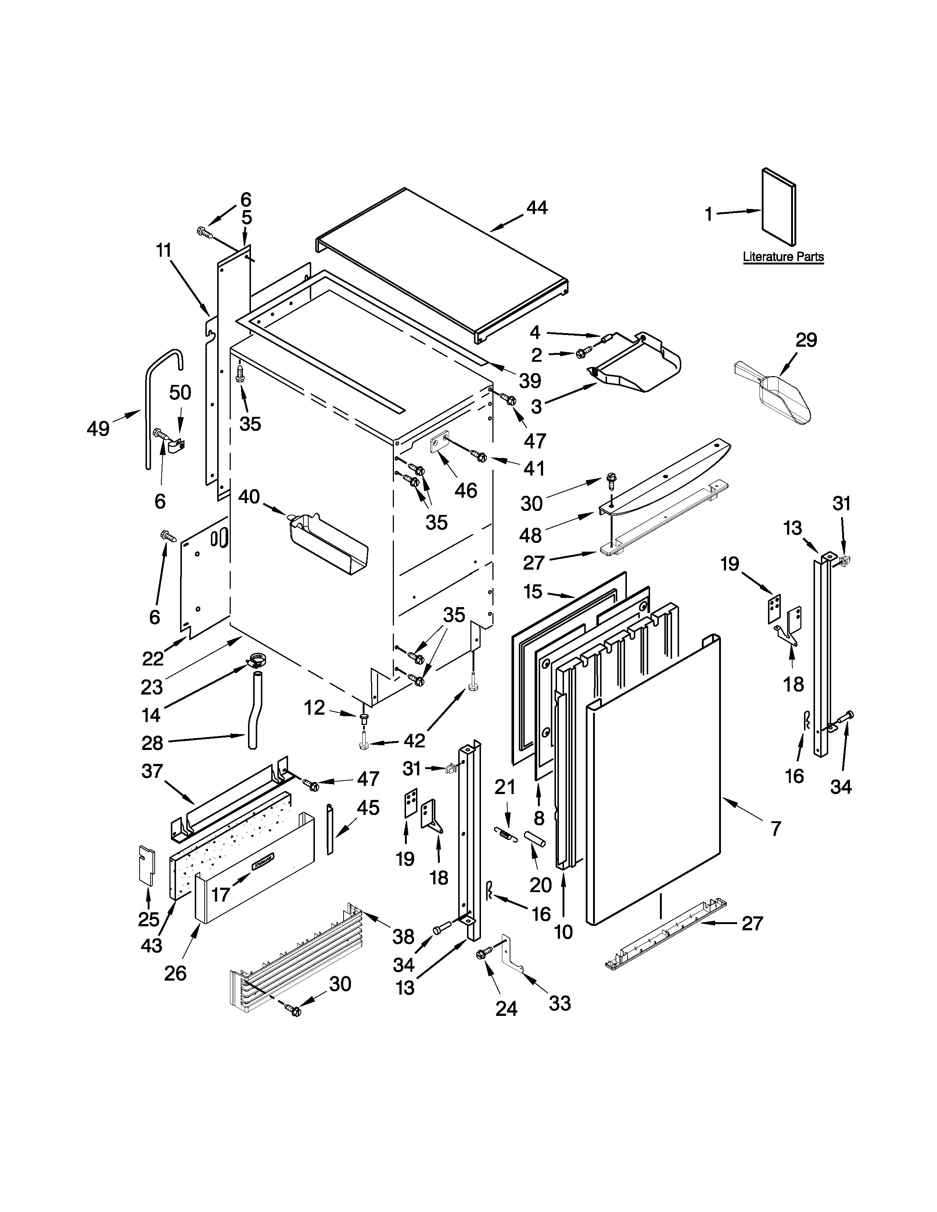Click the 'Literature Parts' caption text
(783, 257)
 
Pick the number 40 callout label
(249, 497)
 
